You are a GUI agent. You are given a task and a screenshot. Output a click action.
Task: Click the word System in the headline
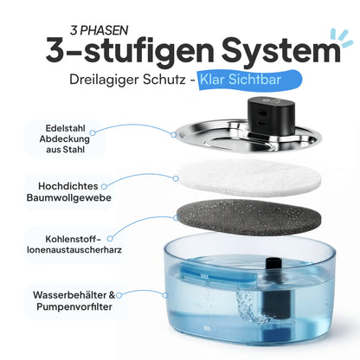click(281, 50)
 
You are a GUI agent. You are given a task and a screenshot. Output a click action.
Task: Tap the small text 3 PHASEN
click(99, 30)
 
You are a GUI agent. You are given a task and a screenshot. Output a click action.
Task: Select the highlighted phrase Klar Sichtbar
click(241, 80)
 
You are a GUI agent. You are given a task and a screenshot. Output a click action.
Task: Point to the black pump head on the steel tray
click(271, 116)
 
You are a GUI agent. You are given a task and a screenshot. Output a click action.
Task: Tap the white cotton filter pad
click(249, 178)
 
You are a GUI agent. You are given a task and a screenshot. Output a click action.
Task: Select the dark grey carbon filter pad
click(248, 217)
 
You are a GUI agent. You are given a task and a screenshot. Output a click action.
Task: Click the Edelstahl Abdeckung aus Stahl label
click(65, 138)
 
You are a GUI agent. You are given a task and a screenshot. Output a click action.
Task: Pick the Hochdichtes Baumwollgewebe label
click(68, 192)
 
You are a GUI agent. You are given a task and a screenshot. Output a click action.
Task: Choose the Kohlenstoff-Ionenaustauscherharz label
click(74, 244)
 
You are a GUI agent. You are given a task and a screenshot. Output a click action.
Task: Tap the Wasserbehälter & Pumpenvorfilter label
click(74, 300)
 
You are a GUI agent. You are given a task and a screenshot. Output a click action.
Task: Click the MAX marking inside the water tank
click(204, 277)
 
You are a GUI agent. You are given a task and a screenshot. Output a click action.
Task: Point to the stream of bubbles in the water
click(251, 305)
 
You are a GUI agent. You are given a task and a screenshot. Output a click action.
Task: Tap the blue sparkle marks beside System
click(342, 37)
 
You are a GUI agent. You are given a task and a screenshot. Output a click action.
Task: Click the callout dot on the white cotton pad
click(176, 178)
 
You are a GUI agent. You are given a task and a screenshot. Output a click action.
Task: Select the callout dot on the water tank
click(165, 295)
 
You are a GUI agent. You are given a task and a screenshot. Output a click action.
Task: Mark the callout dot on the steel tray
click(174, 135)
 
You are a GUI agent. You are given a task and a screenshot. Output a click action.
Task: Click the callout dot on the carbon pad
click(176, 218)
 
